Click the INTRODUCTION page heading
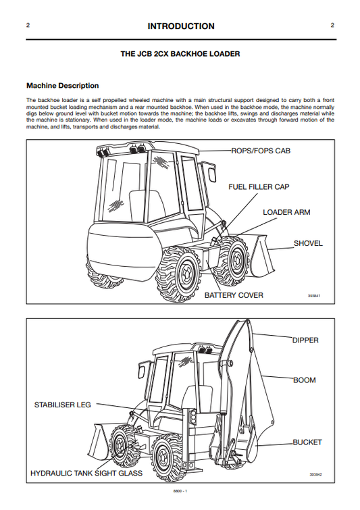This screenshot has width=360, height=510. pyautogui.click(x=180, y=26)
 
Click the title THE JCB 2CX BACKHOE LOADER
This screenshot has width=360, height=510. pyautogui.click(x=180, y=53)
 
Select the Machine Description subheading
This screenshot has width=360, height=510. pyautogui.click(x=62, y=86)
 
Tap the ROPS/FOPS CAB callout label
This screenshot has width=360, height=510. pyautogui.click(x=261, y=151)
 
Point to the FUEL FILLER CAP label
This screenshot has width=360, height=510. pyautogui.click(x=259, y=186)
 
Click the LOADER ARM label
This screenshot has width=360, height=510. pyautogui.click(x=286, y=212)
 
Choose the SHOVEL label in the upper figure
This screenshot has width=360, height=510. pyautogui.click(x=308, y=243)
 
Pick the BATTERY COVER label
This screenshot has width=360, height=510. pyautogui.click(x=234, y=295)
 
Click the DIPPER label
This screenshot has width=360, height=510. pyautogui.click(x=305, y=340)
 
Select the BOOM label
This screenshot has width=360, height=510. pyautogui.click(x=304, y=380)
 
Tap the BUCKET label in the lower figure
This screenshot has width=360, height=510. pyautogui.click(x=307, y=442)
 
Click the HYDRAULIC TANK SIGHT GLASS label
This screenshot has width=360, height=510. pyautogui.click(x=86, y=474)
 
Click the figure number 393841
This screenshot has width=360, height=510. pyautogui.click(x=313, y=296)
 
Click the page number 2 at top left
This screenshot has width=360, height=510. pyautogui.click(x=28, y=26)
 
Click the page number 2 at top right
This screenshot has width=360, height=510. pyautogui.click(x=332, y=26)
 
